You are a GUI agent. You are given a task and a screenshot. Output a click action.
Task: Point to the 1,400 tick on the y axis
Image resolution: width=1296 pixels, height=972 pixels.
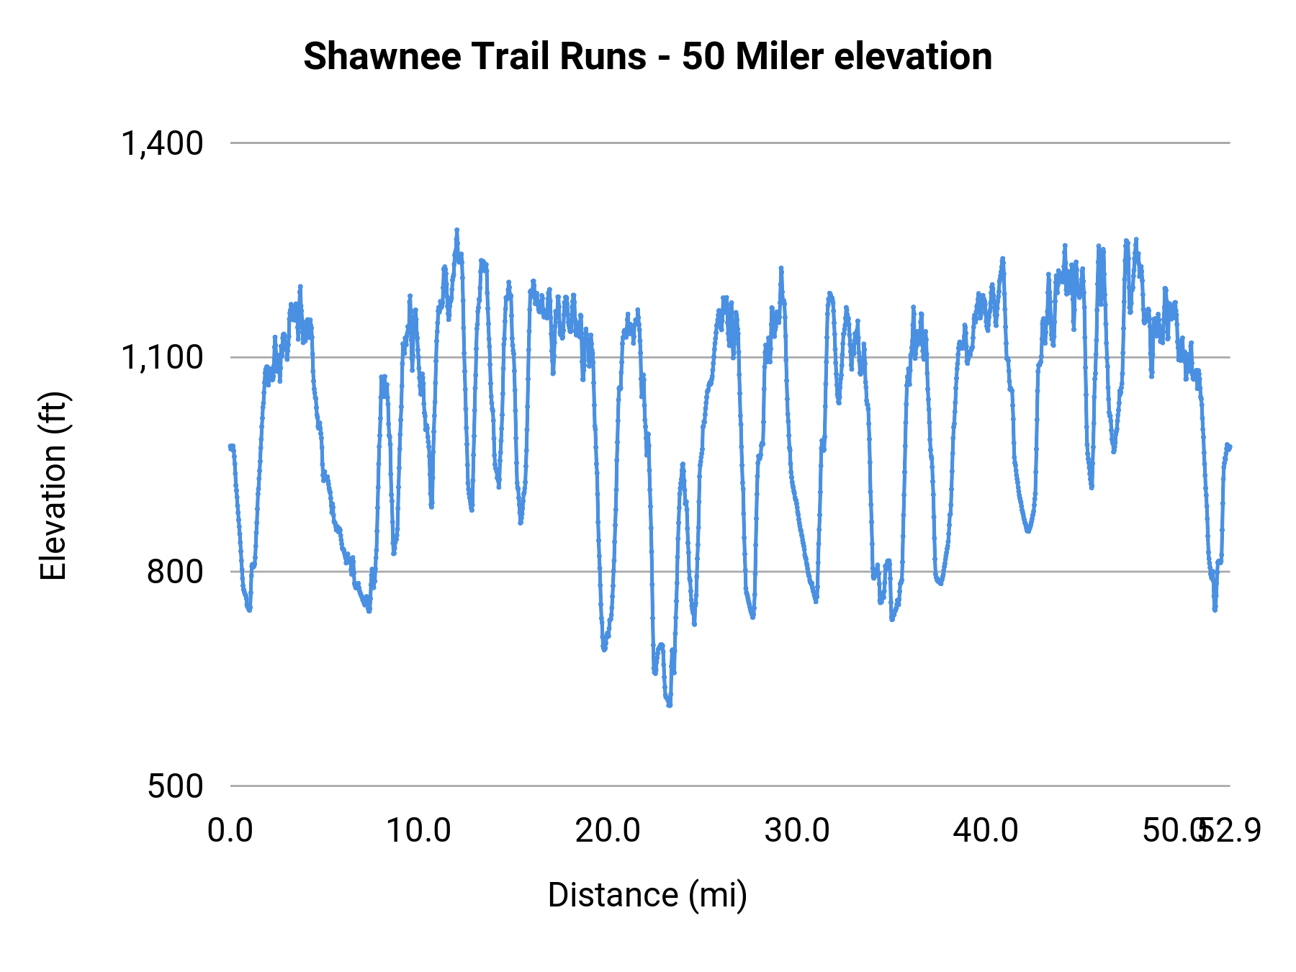[x=162, y=143]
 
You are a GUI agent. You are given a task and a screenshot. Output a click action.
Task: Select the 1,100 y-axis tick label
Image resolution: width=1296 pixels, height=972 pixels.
[x=162, y=357]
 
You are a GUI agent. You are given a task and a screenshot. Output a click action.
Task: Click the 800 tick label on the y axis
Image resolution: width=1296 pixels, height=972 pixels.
[x=175, y=572]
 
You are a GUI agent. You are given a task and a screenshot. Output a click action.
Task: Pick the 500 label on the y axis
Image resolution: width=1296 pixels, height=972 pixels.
[x=175, y=786]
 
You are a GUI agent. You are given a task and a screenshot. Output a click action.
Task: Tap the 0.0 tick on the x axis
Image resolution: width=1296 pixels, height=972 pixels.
[x=230, y=831]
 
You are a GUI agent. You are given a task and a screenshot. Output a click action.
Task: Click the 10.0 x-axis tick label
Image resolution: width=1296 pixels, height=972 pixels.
[x=418, y=831]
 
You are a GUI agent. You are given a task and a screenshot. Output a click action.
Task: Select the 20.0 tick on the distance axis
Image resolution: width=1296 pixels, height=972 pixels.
[x=608, y=831]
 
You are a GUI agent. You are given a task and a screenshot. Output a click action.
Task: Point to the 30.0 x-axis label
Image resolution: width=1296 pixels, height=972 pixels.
[x=796, y=831]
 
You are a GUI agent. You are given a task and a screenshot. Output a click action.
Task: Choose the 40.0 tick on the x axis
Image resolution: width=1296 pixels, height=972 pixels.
[x=985, y=831]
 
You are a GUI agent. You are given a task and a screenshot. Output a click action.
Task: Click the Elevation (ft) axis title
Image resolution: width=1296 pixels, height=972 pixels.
[x=53, y=486]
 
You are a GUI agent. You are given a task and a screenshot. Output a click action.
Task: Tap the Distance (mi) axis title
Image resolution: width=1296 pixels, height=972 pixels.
[x=647, y=895]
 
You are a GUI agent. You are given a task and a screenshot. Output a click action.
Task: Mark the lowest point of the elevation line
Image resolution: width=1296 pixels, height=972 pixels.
[x=670, y=705]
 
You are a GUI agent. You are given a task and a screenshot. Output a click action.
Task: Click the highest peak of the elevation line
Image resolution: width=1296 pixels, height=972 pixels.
[x=456, y=230]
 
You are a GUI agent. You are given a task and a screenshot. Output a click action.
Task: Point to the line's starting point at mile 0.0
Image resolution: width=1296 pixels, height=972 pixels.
[x=230, y=446]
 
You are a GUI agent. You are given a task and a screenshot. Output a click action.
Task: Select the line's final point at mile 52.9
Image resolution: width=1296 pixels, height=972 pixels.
[x=1230, y=446]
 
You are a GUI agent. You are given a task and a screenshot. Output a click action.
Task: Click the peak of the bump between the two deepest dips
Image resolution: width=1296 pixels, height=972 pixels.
[x=683, y=464]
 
